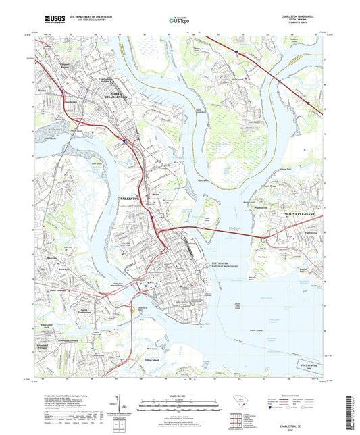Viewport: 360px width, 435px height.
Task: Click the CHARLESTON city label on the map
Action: tap(128, 199)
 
